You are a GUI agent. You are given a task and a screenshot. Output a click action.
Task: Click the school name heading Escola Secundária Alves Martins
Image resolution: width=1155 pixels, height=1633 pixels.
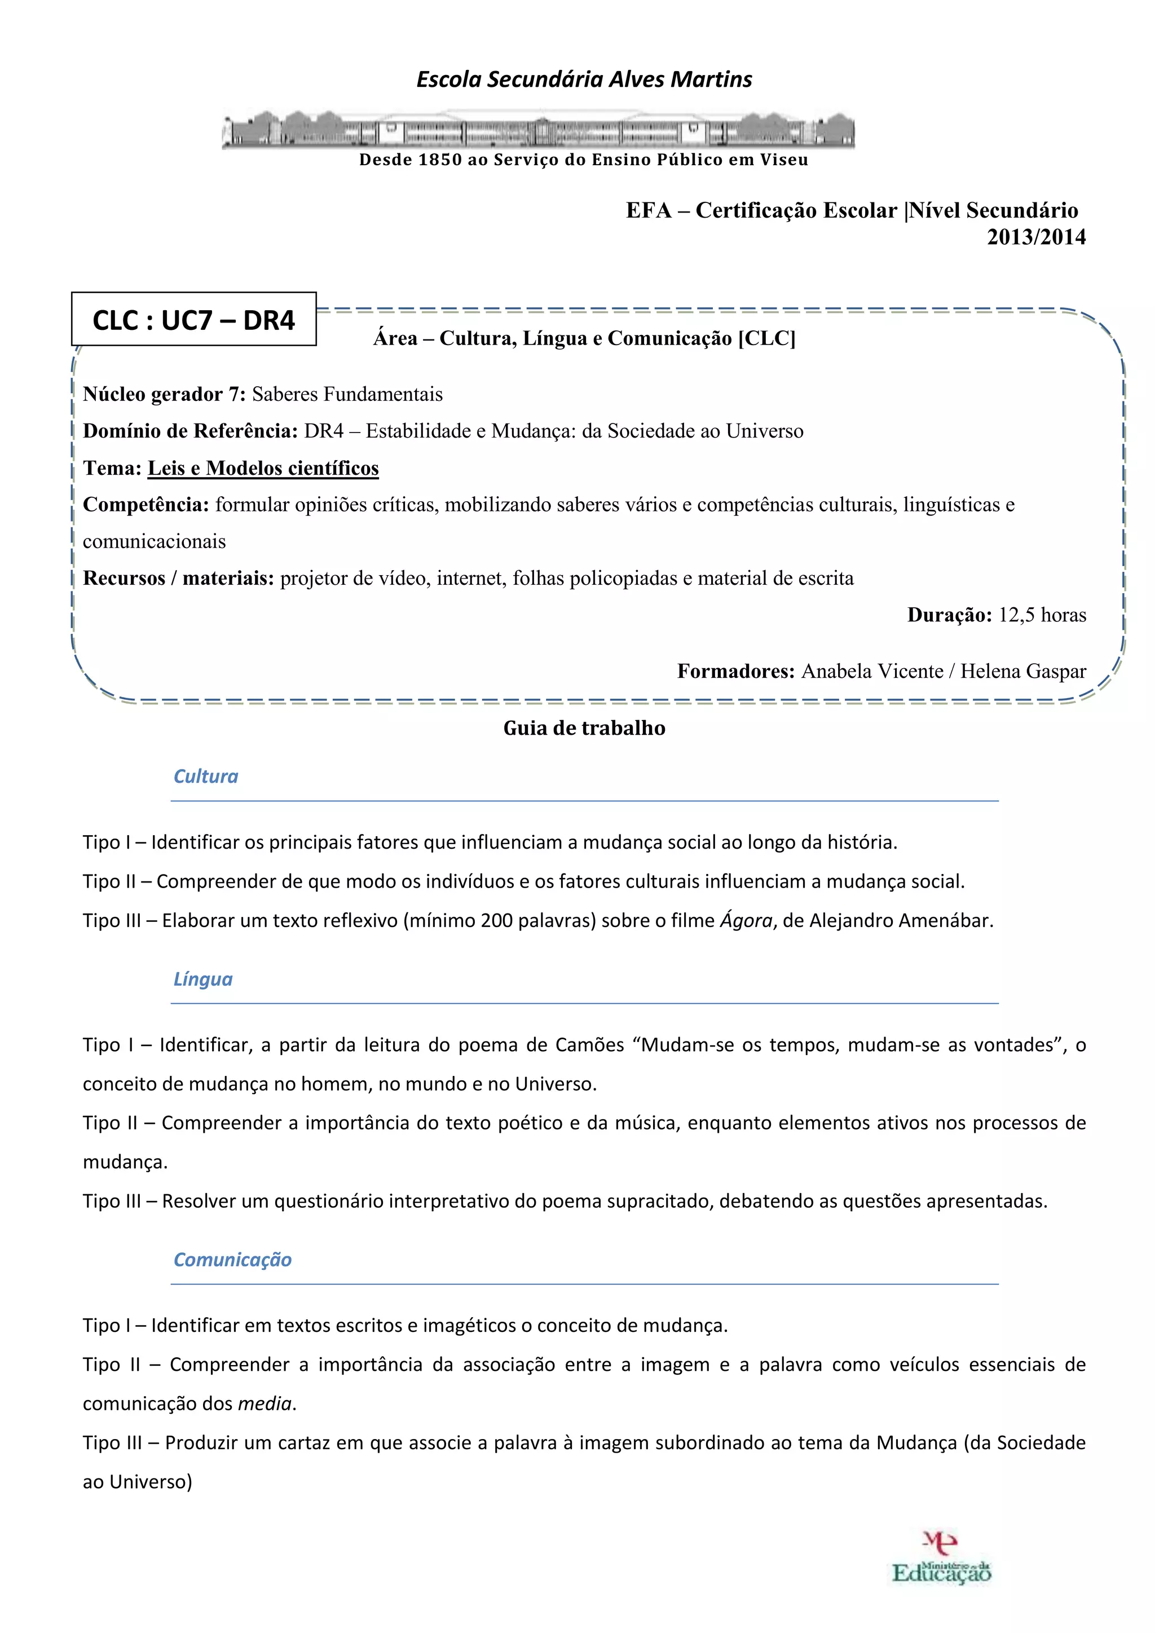tap(584, 79)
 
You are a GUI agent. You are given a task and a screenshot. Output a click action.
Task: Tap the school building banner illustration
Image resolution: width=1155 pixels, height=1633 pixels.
tap(539, 130)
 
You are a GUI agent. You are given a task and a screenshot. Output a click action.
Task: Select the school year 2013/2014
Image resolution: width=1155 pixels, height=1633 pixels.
tap(1035, 237)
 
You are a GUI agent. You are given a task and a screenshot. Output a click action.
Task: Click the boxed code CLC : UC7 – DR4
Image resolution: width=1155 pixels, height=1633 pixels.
tap(193, 320)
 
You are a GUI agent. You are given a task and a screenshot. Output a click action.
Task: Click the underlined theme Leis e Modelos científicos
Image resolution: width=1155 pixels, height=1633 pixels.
tap(263, 468)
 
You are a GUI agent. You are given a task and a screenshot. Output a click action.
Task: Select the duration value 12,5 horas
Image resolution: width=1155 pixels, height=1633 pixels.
tap(1042, 615)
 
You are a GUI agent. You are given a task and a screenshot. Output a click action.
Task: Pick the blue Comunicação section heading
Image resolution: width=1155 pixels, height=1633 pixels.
tap(232, 1260)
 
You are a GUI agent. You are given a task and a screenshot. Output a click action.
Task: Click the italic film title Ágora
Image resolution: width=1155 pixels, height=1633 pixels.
tap(746, 920)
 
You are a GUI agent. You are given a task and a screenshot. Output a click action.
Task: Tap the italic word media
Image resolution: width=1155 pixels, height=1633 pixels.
tap(264, 1404)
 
